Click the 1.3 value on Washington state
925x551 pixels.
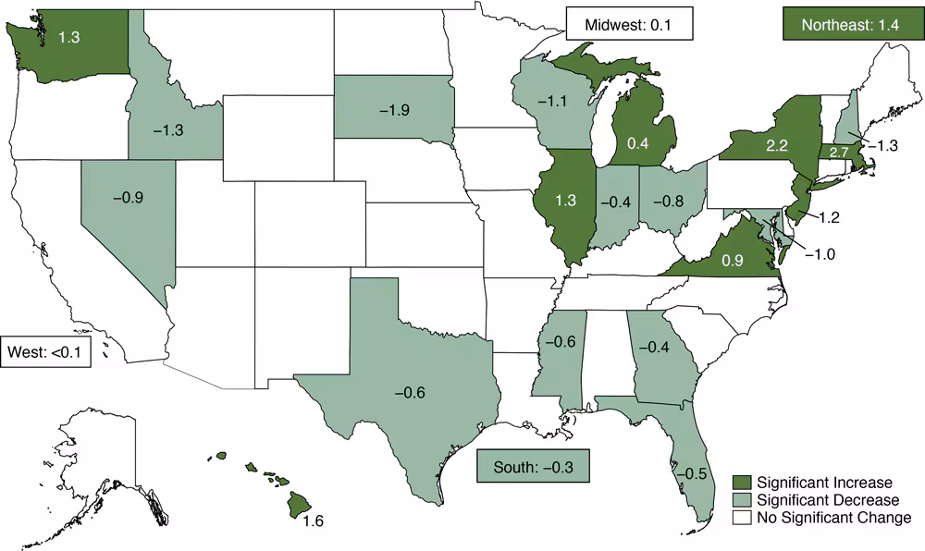pyautogui.click(x=68, y=38)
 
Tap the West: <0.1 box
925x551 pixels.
pyautogui.click(x=45, y=351)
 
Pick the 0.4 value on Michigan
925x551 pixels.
pyautogui.click(x=639, y=143)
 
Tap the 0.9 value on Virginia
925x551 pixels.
pyautogui.click(x=733, y=260)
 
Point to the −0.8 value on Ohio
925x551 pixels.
pyautogui.click(x=672, y=199)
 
